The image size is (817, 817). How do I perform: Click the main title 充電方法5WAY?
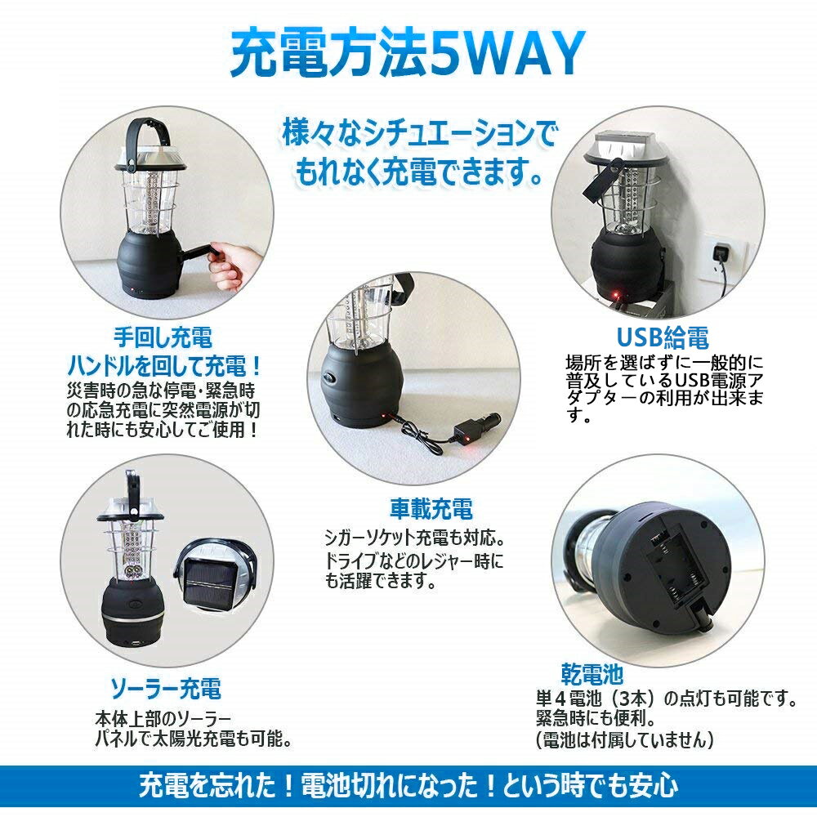coord(408,54)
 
